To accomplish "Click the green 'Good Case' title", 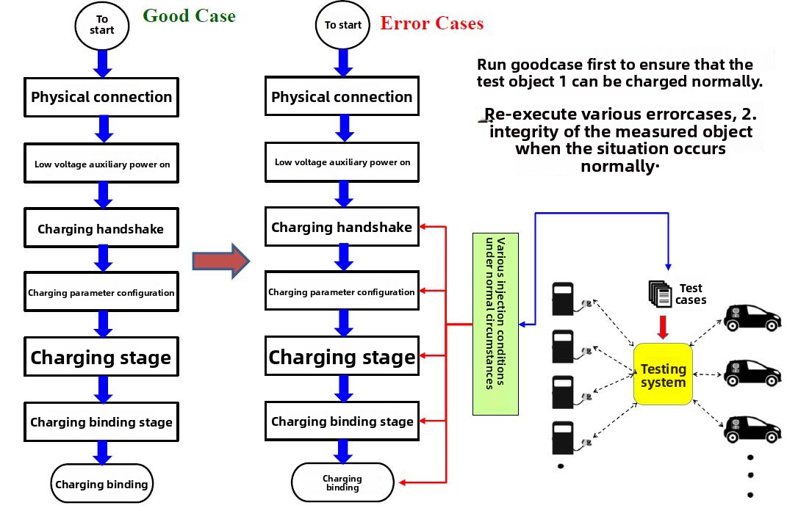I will (x=189, y=16).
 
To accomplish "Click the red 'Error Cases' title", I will (x=431, y=23).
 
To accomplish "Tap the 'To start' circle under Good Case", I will (x=101, y=25).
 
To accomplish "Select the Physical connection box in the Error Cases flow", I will (x=342, y=97).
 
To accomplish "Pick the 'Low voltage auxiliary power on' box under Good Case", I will (x=102, y=164).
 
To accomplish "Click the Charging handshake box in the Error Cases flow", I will (x=342, y=228).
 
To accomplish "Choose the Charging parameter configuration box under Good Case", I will (x=101, y=292).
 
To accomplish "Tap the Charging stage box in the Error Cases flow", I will (x=342, y=358).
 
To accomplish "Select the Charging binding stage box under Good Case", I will (x=101, y=422).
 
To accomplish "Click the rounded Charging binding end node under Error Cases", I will (x=342, y=482).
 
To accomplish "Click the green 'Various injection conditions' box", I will (x=495, y=313).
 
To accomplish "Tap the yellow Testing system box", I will (x=663, y=375).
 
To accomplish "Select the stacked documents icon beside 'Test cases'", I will (x=660, y=294).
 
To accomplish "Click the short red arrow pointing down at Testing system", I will (x=663, y=327).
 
